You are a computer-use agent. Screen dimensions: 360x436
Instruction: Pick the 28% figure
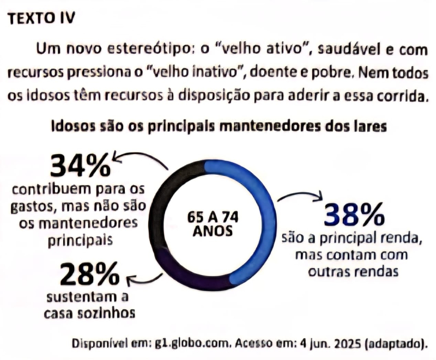point(89,276)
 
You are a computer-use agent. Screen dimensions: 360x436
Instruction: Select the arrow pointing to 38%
point(300,196)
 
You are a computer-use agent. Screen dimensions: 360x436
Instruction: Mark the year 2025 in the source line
point(343,344)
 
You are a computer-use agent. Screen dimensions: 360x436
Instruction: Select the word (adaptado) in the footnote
point(394,344)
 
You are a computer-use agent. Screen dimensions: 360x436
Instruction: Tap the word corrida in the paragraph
point(399,96)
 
